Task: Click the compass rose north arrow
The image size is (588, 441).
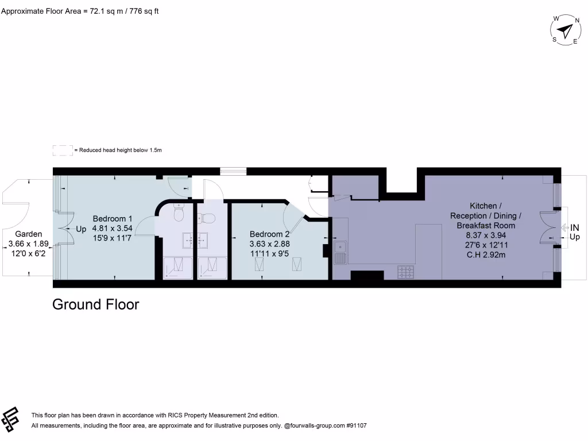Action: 566,29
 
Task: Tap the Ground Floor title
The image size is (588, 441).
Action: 95,304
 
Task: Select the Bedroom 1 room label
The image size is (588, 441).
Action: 113,219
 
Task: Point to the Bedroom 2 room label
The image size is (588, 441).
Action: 269,234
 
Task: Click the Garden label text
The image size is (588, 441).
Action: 28,234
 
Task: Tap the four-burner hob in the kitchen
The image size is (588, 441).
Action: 406,272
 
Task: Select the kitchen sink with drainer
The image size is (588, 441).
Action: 341,251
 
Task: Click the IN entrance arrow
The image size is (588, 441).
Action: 573,227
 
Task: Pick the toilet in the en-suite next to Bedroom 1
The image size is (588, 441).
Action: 179,214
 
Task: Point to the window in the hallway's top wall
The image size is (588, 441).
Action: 233,171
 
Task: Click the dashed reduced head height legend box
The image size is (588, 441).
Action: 62,150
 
